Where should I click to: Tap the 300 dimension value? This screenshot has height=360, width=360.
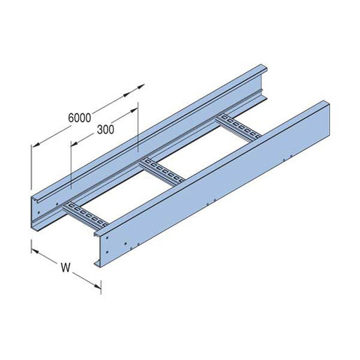pos(106,129)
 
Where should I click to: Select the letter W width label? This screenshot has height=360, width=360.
pos(65,266)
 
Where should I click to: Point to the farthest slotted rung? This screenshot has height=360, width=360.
pos(236,124)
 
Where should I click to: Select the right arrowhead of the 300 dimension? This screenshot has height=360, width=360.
pos(133,110)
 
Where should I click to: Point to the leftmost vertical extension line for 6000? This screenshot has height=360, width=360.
pos(31,168)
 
